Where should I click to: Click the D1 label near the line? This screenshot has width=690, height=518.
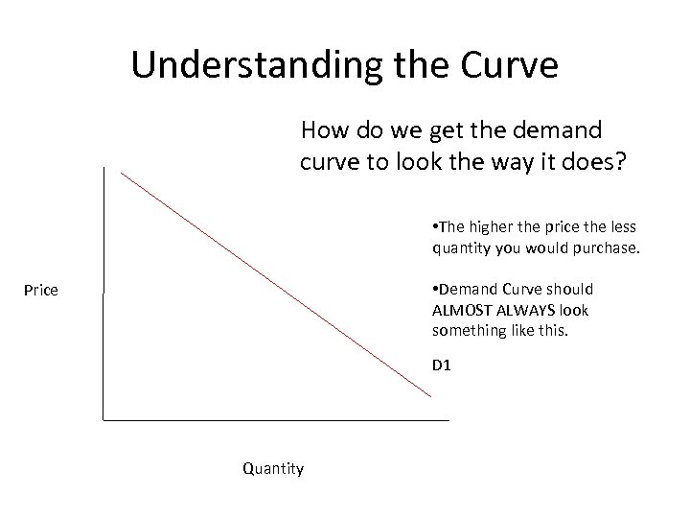tap(442, 365)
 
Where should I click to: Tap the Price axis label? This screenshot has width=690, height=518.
tap(41, 289)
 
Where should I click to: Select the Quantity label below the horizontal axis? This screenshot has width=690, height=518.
tap(273, 468)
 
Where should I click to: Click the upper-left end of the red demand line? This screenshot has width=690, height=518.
tap(122, 174)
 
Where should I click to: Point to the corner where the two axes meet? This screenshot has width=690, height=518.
tap(103, 419)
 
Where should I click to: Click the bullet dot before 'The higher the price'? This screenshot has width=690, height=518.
tap(435, 226)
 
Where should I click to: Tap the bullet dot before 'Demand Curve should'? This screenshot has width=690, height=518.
tap(435, 289)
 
